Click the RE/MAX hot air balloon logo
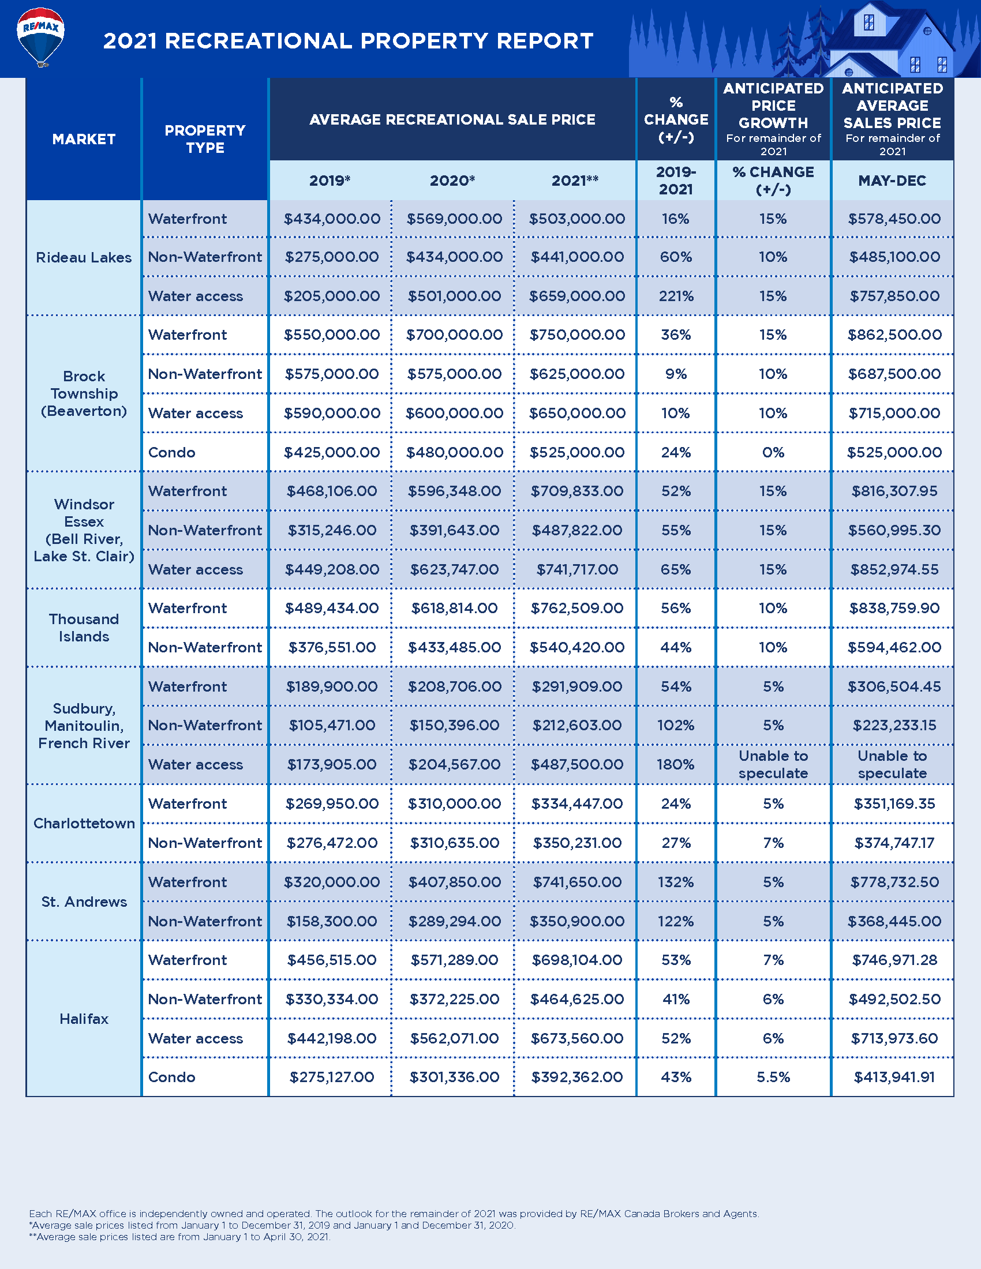pos(40,36)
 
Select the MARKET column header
pos(84,140)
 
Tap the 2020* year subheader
pos(452,181)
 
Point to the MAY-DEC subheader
pos(892,181)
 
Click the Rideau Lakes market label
pos(84,257)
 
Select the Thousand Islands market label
pos(84,628)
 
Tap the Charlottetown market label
pos(84,823)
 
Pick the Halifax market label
pos(84,1019)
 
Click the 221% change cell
pos(676,296)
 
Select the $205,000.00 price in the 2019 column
pos(332,296)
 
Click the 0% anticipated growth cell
pos(773,452)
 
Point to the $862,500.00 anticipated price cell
pos(894,335)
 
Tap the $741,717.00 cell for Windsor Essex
pos(577,569)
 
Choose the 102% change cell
pos(676,725)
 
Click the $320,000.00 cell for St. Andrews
pos(332,882)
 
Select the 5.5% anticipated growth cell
pos(773,1077)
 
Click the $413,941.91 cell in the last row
pos(894,1077)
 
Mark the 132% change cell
pos(676,882)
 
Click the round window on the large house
pos(927,31)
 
